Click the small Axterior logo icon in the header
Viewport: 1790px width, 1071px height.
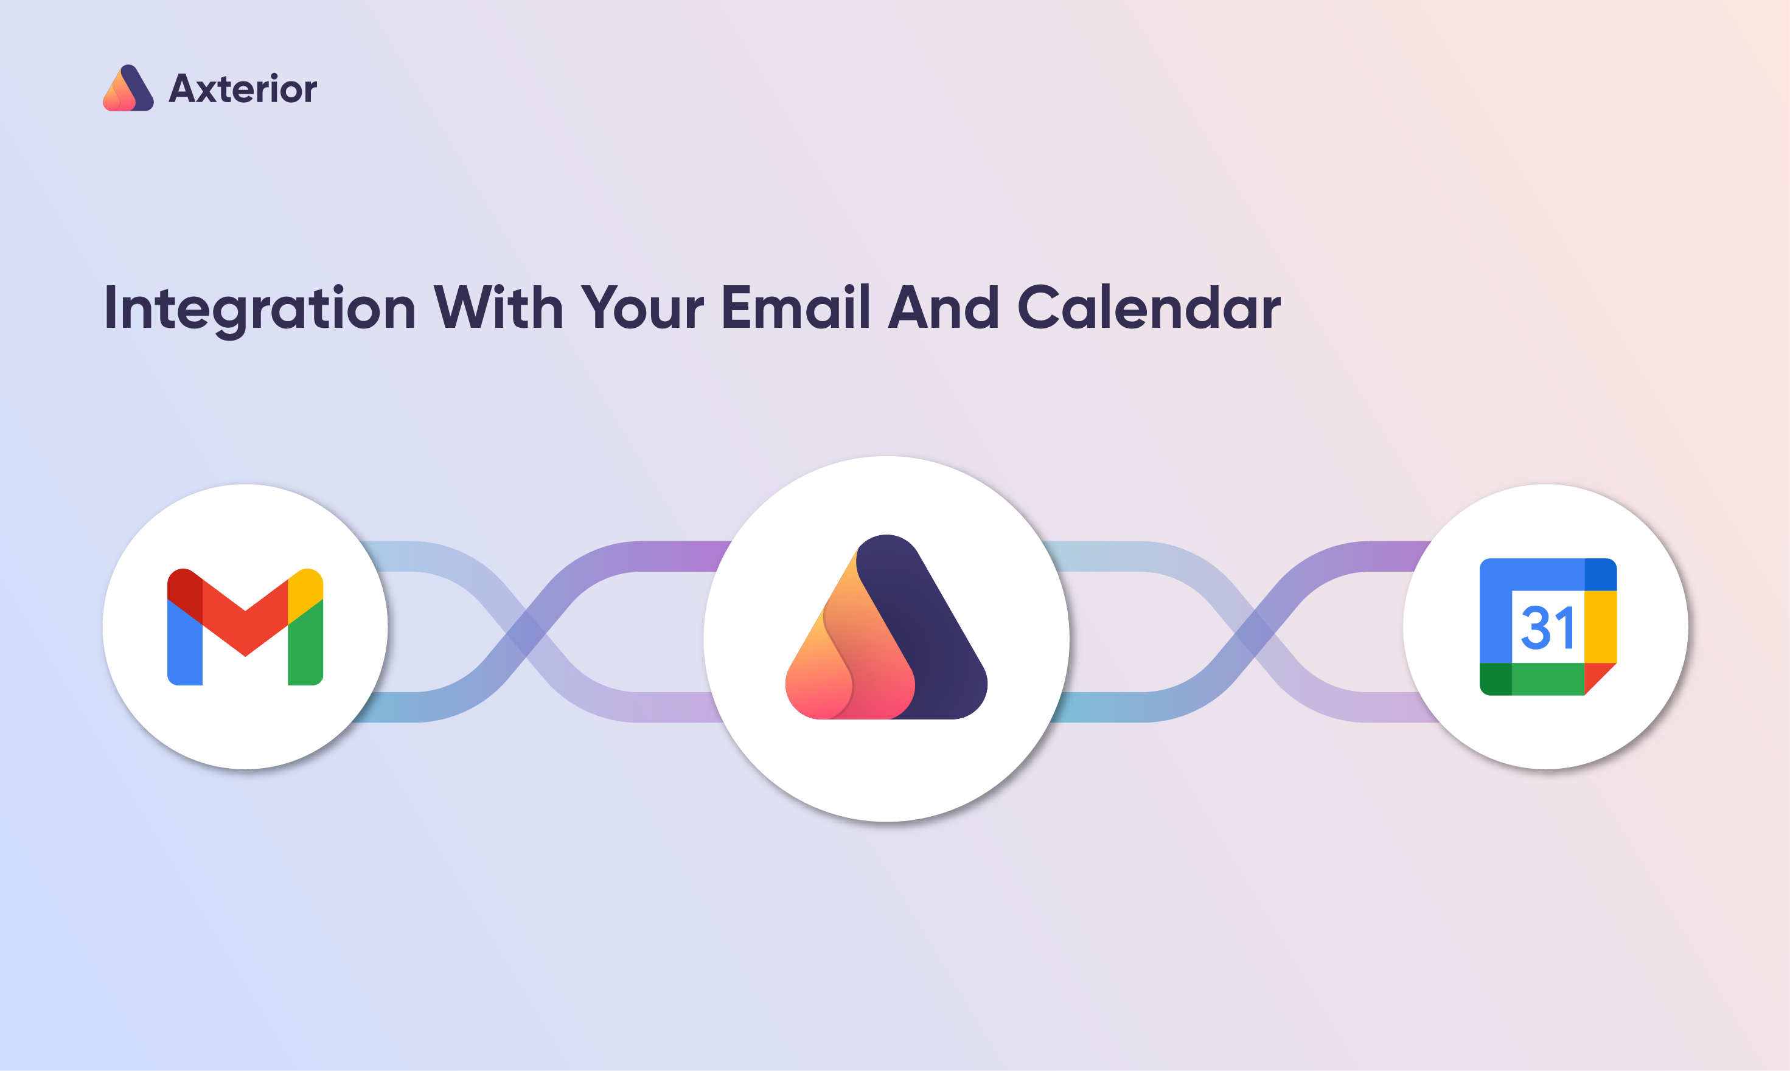[x=128, y=88]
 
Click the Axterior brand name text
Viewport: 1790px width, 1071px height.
[x=243, y=89]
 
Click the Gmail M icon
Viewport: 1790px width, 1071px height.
[x=245, y=626]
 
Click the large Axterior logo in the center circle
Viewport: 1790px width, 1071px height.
[x=886, y=626]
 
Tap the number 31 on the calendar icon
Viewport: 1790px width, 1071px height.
[x=1547, y=628]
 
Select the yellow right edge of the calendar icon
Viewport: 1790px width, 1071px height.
[x=1600, y=626]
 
